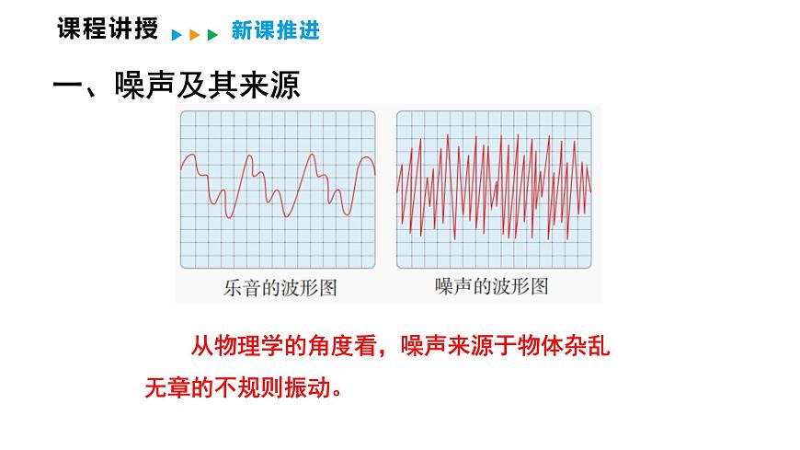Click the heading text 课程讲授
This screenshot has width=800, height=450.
click(107, 29)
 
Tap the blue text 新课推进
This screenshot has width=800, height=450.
click(275, 31)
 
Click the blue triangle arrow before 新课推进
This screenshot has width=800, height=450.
click(176, 35)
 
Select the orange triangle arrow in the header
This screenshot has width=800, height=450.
click(194, 35)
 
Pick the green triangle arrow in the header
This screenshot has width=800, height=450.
click(212, 35)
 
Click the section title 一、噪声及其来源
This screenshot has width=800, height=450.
click(177, 86)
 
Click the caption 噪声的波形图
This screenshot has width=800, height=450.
click(491, 286)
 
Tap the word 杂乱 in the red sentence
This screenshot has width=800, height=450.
click(589, 347)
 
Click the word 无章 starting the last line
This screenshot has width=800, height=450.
click(166, 387)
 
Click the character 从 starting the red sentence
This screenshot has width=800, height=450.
click(201, 347)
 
